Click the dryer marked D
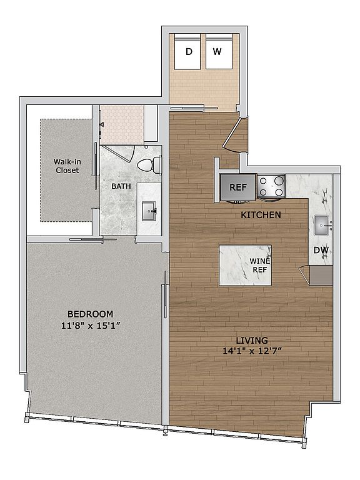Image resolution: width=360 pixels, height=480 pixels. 189,53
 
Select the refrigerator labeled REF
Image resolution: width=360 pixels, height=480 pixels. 237,187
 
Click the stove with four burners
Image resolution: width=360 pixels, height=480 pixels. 271,186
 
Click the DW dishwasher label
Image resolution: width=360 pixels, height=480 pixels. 321,251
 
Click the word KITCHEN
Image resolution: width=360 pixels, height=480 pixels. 261,215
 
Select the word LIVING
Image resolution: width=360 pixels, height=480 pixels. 252,340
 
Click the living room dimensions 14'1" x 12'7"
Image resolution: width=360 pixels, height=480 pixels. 252,351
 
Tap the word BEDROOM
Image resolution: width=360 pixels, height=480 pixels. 91,314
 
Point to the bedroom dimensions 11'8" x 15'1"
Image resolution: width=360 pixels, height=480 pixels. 91,325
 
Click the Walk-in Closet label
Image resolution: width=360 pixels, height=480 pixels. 66,166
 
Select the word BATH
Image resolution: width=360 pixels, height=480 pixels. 121,186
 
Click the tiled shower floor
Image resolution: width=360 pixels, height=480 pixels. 122,123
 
